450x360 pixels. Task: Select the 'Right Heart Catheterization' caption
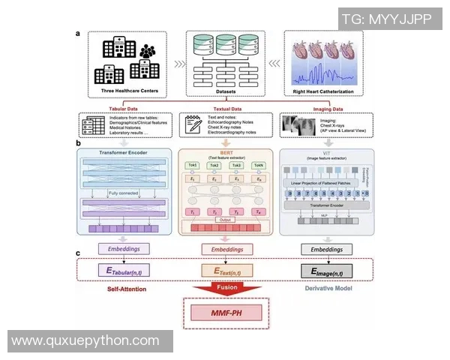click(x=324, y=92)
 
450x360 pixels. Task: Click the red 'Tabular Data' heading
click(x=125, y=107)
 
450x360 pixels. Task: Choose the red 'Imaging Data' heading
click(x=324, y=107)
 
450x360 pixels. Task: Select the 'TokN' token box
click(x=258, y=165)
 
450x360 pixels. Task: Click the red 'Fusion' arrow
click(x=226, y=289)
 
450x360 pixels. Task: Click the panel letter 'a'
click(x=78, y=34)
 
